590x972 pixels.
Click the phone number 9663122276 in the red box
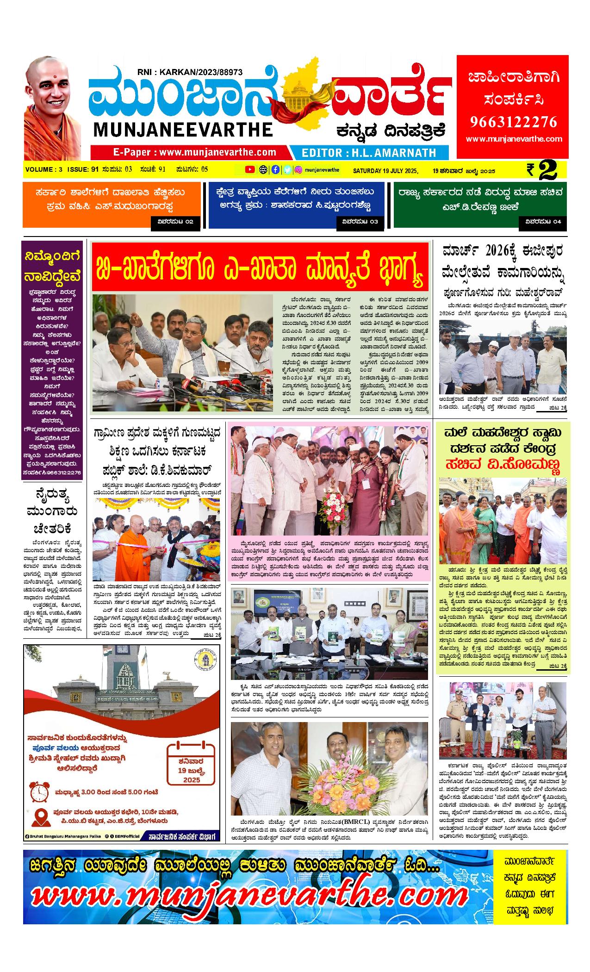coord(514,121)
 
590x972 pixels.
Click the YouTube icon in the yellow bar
coord(250,169)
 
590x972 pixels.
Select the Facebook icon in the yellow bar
coord(275,169)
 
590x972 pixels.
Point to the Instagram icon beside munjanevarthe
coord(298,169)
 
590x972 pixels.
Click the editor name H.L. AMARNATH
coord(368,152)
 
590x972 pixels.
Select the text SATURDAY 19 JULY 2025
coord(385,171)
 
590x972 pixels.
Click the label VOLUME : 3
coord(43,169)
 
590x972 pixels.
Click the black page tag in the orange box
coord(175,222)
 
